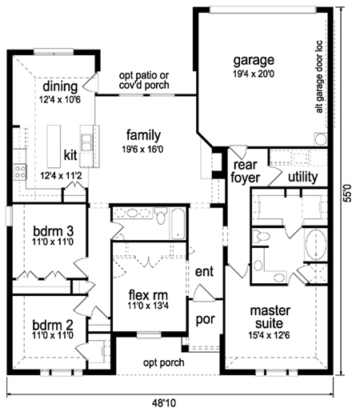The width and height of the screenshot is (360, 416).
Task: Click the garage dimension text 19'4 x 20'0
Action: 254,74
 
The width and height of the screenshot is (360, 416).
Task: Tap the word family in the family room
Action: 143,135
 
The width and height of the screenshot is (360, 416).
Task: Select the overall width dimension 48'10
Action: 164,403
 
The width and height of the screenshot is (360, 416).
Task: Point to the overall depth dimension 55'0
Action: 348,193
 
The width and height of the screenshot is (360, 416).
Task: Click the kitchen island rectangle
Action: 54,146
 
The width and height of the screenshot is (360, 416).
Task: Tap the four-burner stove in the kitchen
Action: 20,172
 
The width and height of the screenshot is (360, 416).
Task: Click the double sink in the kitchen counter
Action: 86,142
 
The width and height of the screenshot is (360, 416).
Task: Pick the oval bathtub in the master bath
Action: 316,244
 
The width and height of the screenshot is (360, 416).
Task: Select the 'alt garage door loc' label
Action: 319,77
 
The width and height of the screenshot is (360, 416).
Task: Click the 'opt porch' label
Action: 164,362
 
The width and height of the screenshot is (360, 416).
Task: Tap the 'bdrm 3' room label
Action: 53,231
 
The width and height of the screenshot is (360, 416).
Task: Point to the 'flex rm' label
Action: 148,295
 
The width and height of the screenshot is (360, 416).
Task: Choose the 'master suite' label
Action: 270,317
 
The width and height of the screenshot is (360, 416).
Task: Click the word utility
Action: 303,177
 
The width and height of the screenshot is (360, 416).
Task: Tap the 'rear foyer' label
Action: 245,171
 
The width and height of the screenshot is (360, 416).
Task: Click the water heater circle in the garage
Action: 320,139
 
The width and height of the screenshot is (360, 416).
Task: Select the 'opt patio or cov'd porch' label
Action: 144,80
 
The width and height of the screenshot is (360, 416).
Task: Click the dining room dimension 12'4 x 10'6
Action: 60,100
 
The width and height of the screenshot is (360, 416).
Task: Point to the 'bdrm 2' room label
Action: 53,325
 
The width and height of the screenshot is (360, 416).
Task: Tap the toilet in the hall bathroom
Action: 161,215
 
